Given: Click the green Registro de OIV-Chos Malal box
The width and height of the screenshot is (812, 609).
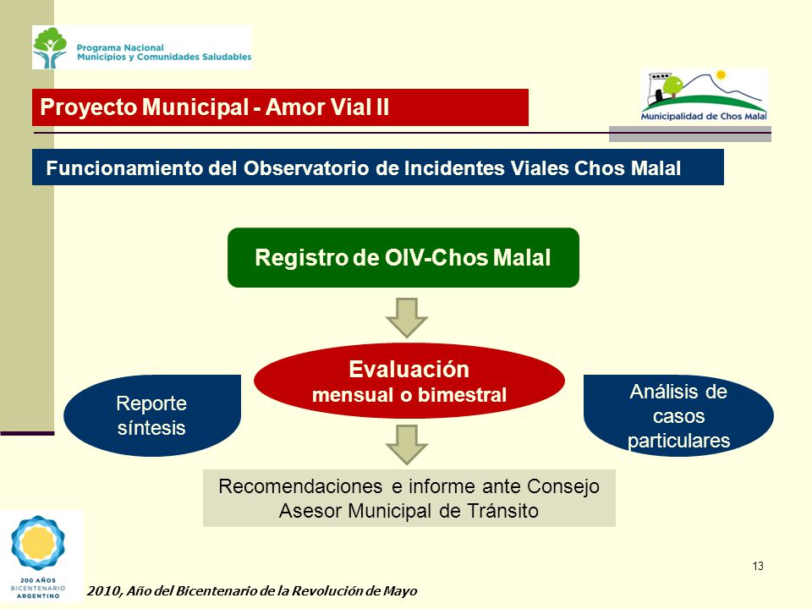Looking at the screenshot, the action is click(x=403, y=257).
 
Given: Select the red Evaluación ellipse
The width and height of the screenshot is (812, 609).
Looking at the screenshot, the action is click(x=409, y=381).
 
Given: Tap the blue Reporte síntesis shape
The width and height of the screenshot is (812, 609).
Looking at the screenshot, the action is click(x=152, y=415).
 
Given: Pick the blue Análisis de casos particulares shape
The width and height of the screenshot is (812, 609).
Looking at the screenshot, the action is click(x=678, y=415).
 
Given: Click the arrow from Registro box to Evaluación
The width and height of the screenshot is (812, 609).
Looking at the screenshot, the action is click(x=407, y=317).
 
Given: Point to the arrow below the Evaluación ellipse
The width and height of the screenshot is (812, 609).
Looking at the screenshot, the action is click(x=407, y=445).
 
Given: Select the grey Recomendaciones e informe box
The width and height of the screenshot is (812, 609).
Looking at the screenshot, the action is click(x=409, y=498).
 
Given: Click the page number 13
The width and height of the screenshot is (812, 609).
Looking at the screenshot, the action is click(x=758, y=566).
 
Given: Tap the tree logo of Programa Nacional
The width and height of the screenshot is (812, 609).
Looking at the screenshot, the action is click(x=50, y=47).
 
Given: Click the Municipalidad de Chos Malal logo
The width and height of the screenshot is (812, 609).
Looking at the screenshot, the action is click(x=704, y=96).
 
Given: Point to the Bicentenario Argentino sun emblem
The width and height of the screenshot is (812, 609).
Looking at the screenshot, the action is click(x=38, y=543).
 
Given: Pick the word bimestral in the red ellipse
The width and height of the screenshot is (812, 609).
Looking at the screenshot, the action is click(x=462, y=395).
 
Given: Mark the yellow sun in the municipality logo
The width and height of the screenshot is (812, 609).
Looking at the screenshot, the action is click(x=720, y=75).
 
